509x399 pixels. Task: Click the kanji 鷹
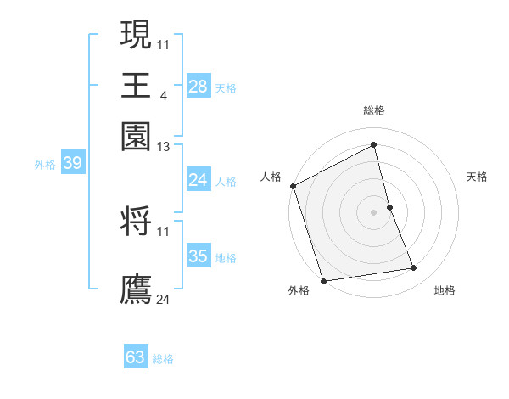(x=137, y=289)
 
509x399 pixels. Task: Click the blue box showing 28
(x=198, y=87)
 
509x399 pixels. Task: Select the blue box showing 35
(x=198, y=256)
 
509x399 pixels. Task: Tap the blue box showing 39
(x=72, y=163)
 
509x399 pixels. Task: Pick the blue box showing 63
(x=136, y=357)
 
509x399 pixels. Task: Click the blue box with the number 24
(x=198, y=180)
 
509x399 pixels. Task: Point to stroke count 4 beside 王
(x=163, y=94)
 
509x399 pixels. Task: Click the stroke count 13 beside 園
(x=164, y=147)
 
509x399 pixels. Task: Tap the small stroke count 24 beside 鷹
(x=164, y=299)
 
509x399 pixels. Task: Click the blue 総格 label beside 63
(x=163, y=359)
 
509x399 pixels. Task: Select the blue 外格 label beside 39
(x=45, y=165)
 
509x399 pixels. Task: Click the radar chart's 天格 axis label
(x=477, y=177)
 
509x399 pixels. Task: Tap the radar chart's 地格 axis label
(x=445, y=290)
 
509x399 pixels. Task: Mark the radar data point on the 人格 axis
(x=293, y=186)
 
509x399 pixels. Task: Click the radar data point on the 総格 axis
(x=374, y=145)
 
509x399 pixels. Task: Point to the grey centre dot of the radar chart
(x=374, y=211)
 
